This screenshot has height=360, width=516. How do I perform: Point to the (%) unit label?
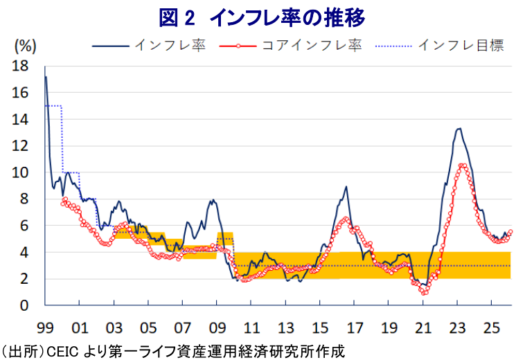(x=25, y=46)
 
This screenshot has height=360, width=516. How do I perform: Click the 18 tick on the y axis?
(x=20, y=66)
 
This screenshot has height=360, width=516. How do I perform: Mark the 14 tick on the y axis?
(x=20, y=120)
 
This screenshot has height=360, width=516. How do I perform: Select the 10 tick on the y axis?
(x=20, y=173)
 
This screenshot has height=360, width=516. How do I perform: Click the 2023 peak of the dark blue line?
(x=459, y=128)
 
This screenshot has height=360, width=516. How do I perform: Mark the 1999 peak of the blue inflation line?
(x=46, y=76)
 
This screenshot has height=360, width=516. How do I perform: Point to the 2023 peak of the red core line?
(x=463, y=165)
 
